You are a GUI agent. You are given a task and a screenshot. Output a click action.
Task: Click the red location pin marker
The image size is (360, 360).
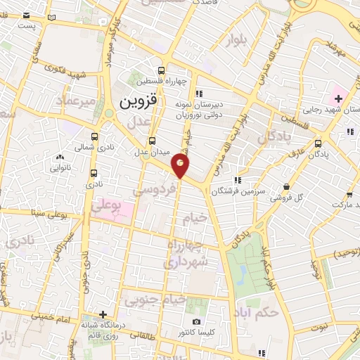(181, 166)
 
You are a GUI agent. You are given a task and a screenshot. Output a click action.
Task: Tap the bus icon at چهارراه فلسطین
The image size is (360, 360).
(161, 70)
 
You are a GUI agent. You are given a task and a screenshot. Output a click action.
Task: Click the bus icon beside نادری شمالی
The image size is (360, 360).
(95, 138)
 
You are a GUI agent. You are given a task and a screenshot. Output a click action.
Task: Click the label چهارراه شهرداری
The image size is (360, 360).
(186, 253)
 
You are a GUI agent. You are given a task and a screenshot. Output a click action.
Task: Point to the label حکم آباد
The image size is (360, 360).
(260, 310)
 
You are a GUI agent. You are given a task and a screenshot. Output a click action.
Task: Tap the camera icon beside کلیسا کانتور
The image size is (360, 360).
(196, 321)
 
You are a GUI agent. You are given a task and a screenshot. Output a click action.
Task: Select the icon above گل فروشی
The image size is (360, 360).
(286, 186)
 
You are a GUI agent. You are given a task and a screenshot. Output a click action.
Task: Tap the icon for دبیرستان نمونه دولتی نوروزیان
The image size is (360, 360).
(199, 93)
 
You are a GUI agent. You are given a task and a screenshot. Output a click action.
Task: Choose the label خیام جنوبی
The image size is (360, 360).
(156, 300)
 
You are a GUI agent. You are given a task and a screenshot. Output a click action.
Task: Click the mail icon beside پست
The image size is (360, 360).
(24, 15)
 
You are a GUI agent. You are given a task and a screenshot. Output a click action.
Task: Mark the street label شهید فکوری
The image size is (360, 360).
(63, 70)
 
